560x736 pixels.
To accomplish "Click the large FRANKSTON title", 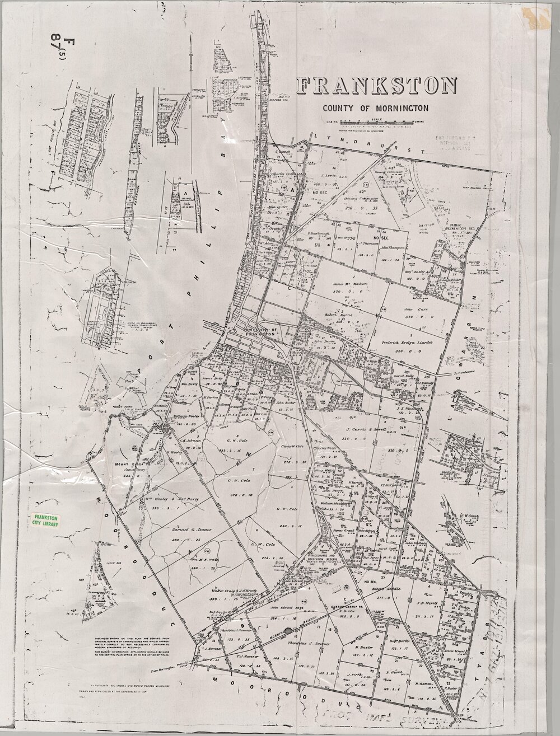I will (x=377, y=87).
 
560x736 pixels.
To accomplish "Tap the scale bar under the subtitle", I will (x=374, y=123).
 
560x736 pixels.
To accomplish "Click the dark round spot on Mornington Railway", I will (x=288, y=631).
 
